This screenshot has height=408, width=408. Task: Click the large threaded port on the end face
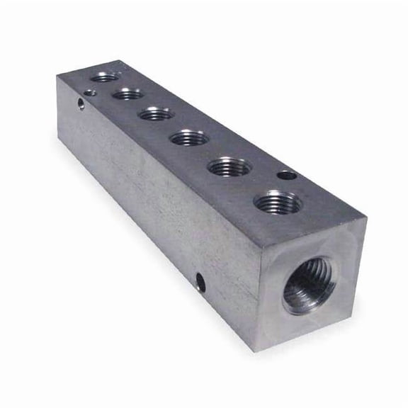click(308, 286)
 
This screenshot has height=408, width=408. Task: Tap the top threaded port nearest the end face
click(278, 203)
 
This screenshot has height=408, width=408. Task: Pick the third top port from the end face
click(189, 137)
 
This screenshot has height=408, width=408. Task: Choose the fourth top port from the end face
click(156, 113)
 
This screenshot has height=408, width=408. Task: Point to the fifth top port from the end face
click(128, 93)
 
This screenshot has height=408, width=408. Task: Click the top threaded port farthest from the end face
click(105, 76)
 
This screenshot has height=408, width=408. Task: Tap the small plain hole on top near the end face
click(285, 174)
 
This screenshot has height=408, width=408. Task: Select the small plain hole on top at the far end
click(89, 91)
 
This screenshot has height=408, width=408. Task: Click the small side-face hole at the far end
click(81, 105)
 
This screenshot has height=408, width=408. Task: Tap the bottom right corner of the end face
click(353, 317)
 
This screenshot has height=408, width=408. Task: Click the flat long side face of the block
click(156, 205)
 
